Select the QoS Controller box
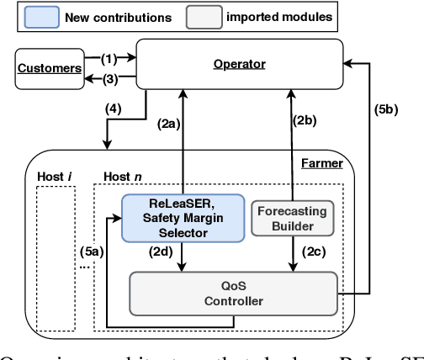tap(233, 294)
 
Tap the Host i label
tap(53, 178)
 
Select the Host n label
tap(119, 178)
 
